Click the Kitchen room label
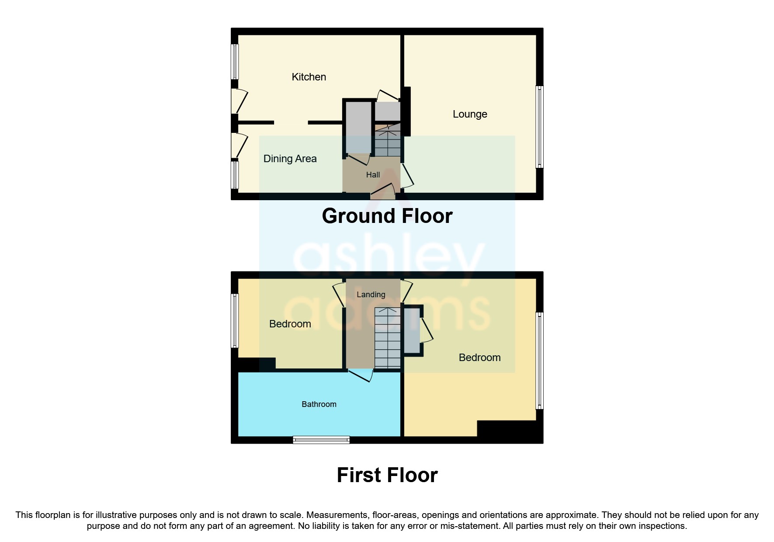pyautogui.click(x=309, y=77)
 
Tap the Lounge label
pyautogui.click(x=470, y=114)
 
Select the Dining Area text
pyautogui.click(x=290, y=159)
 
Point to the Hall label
pyautogui.click(x=373, y=175)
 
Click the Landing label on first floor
pyautogui.click(x=371, y=295)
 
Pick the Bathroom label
pyautogui.click(x=319, y=404)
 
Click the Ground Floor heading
pyautogui.click(x=387, y=216)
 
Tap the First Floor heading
pyautogui.click(x=387, y=475)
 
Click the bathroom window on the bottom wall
pyautogui.click(x=321, y=440)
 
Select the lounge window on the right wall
pyautogui.click(x=540, y=127)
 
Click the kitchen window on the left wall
pyautogui.click(x=235, y=62)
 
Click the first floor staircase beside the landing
pyautogui.click(x=387, y=339)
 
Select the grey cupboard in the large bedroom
pyautogui.click(x=411, y=331)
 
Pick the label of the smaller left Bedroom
pyautogui.click(x=290, y=324)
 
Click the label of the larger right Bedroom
pyautogui.click(x=479, y=358)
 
